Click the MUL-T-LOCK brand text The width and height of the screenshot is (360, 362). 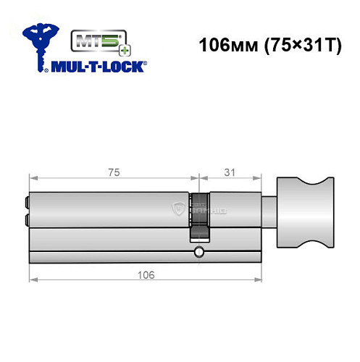pos(97,65)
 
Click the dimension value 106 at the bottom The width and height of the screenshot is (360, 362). pos(145,275)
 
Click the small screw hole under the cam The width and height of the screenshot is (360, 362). pos(198,253)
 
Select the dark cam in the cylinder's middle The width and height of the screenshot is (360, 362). pos(198,214)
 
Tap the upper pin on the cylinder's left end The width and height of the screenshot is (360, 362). pos(26,203)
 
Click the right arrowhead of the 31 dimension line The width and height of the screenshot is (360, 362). pos(256,178)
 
